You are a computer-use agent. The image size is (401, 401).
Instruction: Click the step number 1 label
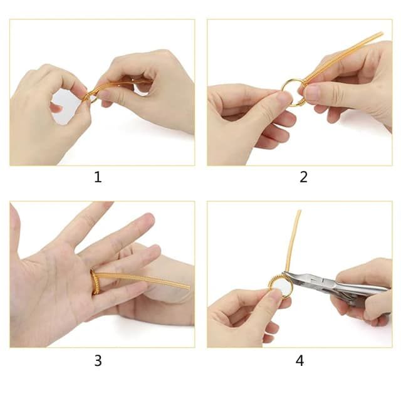98,177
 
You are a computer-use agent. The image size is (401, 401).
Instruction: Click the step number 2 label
304,177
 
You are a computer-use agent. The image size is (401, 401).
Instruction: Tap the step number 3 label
98,361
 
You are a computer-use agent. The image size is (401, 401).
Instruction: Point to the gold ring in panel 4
279,286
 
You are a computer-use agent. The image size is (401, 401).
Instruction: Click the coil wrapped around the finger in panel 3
95,282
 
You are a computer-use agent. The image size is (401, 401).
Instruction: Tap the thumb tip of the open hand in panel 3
15,219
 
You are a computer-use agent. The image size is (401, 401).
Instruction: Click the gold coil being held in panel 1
116,85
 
